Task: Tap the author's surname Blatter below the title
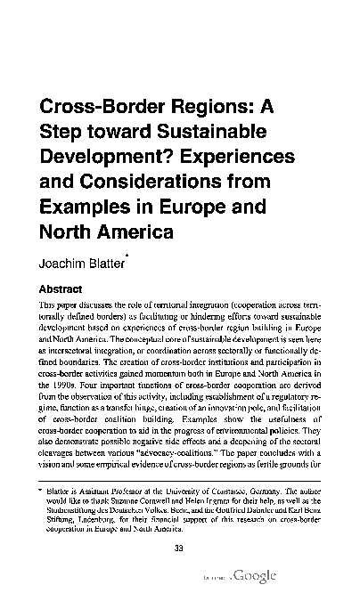tap(125, 264)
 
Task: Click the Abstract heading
tap(61, 289)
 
